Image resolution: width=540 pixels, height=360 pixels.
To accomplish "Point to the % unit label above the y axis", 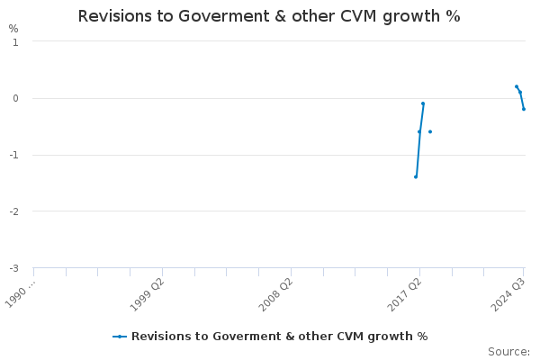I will point(13,29).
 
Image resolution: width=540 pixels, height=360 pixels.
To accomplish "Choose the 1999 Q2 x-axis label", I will point(147,293).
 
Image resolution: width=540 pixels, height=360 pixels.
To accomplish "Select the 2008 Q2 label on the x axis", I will point(275,293).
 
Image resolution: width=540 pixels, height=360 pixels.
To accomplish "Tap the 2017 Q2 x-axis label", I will point(404,293).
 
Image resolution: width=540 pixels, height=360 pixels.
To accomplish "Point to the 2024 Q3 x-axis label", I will point(508,293).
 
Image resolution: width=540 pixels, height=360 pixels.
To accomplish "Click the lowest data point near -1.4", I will point(416,176).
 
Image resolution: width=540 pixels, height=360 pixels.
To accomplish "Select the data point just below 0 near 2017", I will point(423,103).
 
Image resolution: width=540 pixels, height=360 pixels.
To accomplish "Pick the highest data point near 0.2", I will point(517,86).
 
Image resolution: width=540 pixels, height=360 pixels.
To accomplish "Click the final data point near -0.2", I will point(524,109).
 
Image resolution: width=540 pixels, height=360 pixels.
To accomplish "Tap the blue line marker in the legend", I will point(120,337).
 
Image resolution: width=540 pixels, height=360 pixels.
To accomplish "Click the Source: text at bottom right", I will point(508,352).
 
